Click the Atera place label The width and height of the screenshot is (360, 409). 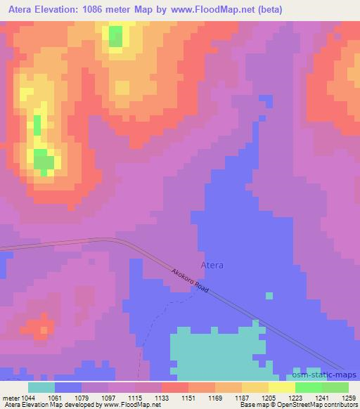212,265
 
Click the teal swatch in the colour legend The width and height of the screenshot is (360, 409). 41,387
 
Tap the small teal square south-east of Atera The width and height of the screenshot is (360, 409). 269,295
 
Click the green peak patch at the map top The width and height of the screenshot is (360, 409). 115,36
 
